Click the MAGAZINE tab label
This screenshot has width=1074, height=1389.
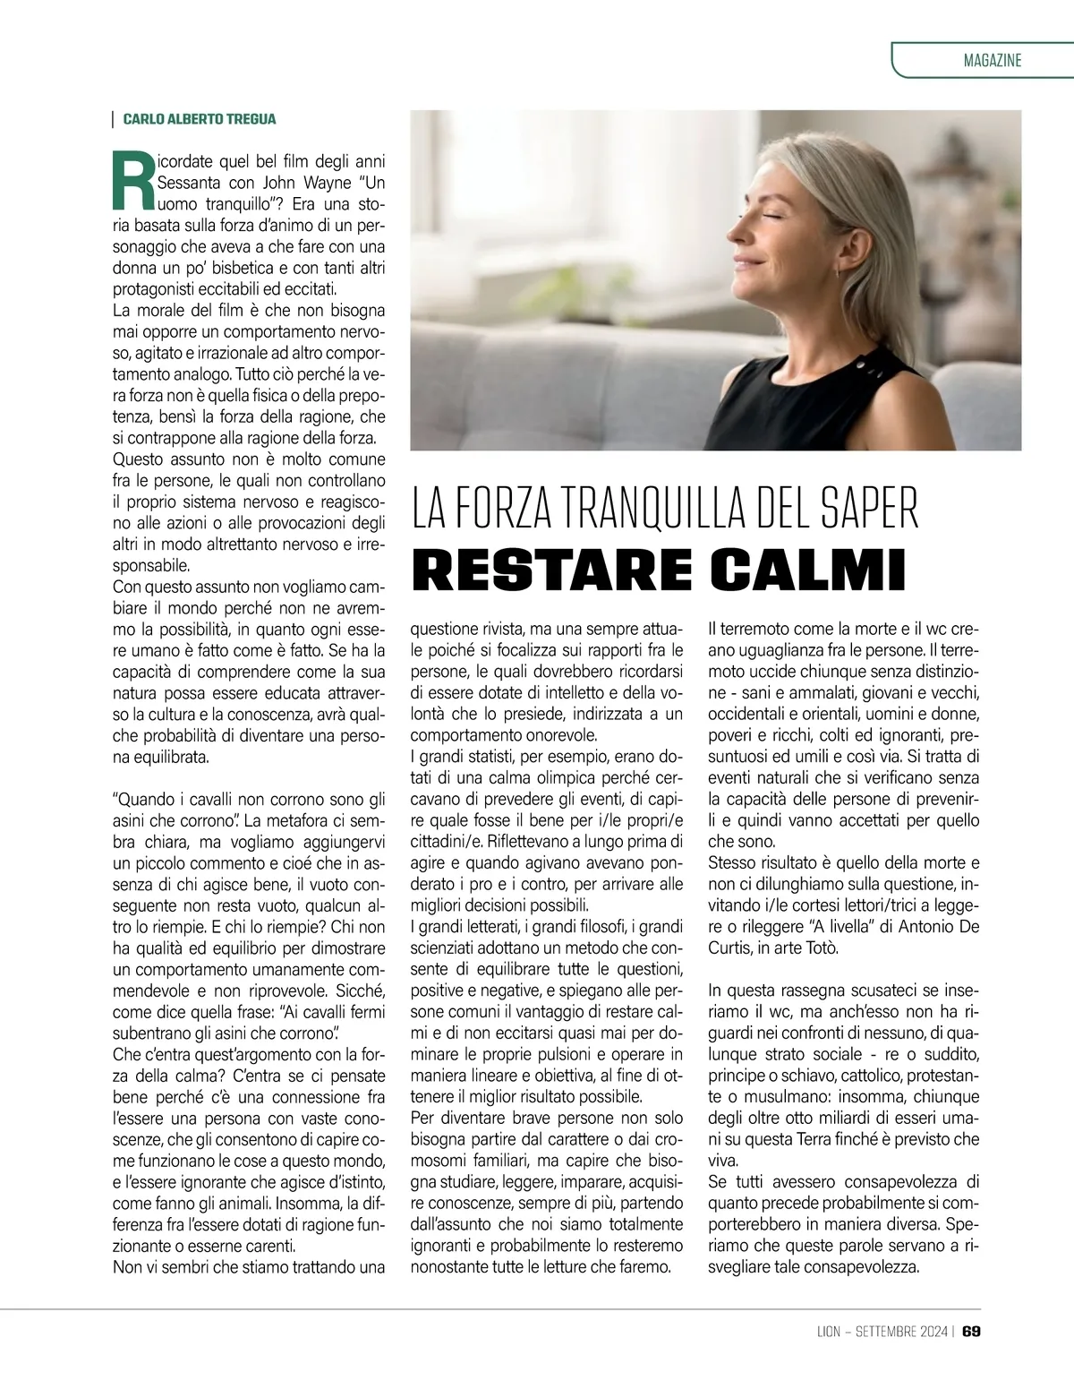click(x=993, y=61)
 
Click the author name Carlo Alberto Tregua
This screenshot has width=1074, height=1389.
click(x=200, y=119)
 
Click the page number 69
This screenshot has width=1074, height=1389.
click(x=972, y=1332)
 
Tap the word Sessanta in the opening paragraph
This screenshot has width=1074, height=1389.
click(x=186, y=183)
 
